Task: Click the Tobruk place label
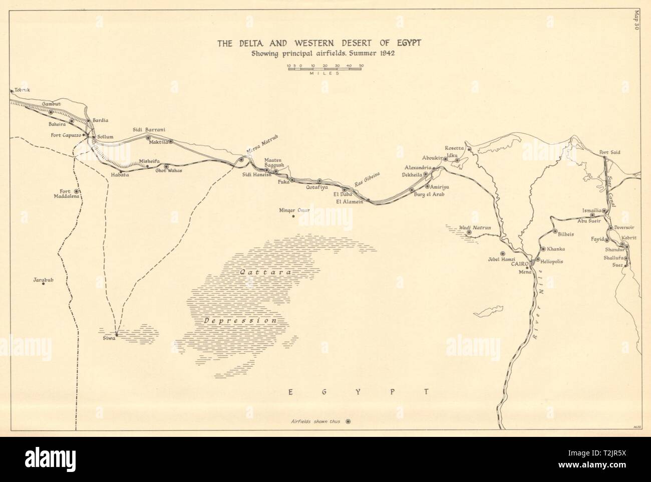point(23,90)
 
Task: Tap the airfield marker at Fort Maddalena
point(76,191)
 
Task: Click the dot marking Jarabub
point(44,284)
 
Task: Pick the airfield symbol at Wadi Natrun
point(469,232)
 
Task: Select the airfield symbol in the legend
point(349,421)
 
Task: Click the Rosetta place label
point(455,147)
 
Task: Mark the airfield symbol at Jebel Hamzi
point(503,254)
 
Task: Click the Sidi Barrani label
point(146,129)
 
